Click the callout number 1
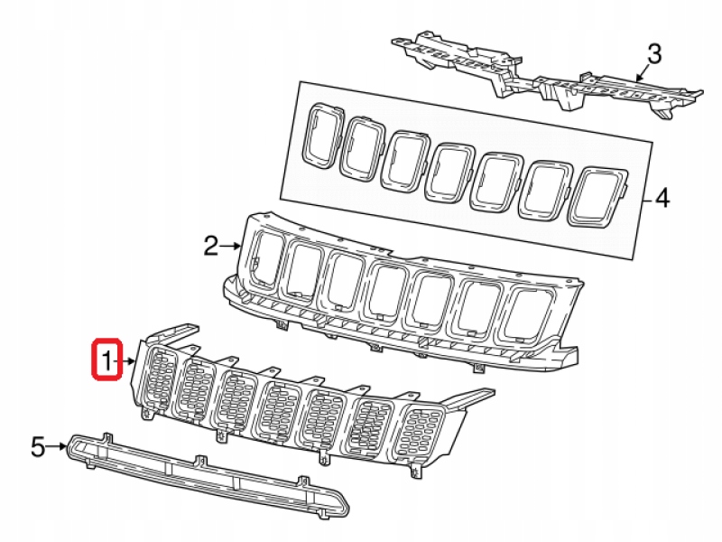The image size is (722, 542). (106, 360)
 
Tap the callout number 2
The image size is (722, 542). (211, 246)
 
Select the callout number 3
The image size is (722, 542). (654, 54)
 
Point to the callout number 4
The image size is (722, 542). (662, 199)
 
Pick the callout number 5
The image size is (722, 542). (38, 446)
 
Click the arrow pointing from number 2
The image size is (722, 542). (230, 247)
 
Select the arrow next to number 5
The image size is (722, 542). (57, 446)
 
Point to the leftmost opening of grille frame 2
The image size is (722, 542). (266, 260)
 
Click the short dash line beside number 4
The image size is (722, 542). (648, 200)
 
